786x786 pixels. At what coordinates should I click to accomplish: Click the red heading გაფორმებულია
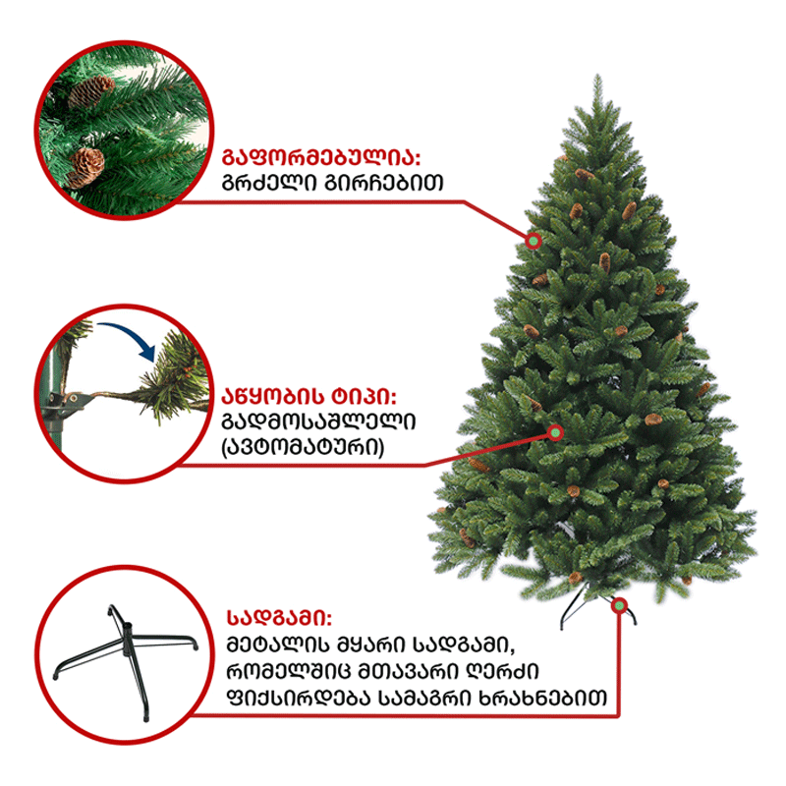tap(321, 157)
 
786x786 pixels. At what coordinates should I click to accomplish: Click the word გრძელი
tap(268, 183)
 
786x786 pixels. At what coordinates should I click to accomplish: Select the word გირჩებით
tap(384, 183)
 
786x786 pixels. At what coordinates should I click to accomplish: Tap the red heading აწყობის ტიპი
tap(309, 397)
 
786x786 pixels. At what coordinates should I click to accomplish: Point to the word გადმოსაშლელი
tap(318, 421)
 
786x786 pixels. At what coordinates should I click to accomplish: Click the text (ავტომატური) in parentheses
tap(303, 447)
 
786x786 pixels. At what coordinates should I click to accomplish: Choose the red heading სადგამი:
tap(279, 618)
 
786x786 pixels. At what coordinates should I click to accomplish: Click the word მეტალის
tap(278, 645)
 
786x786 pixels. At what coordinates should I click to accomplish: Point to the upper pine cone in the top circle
tap(91, 90)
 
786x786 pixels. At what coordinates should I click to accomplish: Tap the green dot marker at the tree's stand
tap(620, 605)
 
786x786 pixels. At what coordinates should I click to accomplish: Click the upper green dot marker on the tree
tap(533, 241)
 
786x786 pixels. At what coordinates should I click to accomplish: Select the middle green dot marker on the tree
tap(556, 432)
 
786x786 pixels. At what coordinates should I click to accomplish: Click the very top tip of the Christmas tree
tap(597, 76)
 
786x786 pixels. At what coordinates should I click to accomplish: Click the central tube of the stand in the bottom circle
tap(127, 638)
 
